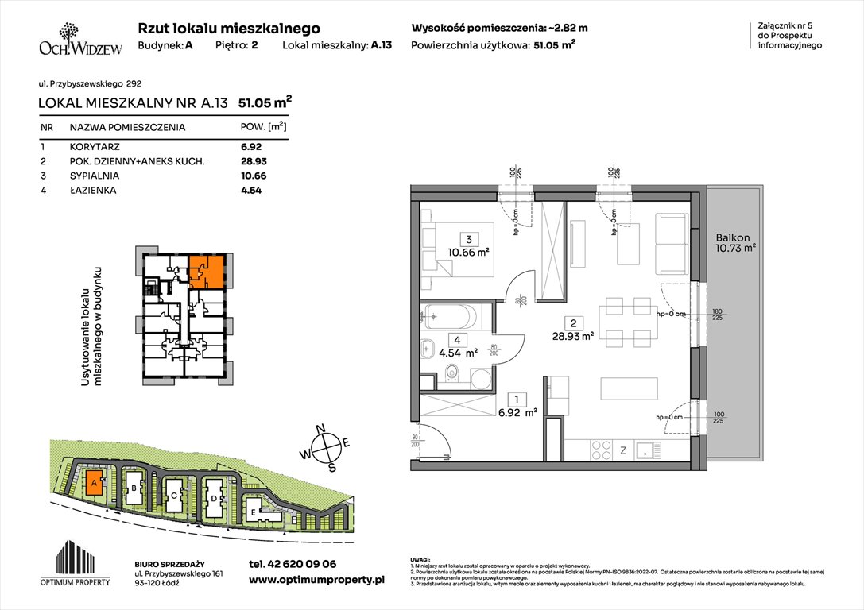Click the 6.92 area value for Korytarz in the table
tap(251, 147)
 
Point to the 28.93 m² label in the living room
tap(575, 336)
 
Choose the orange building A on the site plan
tap(94, 482)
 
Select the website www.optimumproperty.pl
tap(316, 581)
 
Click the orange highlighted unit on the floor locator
tap(205, 270)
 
